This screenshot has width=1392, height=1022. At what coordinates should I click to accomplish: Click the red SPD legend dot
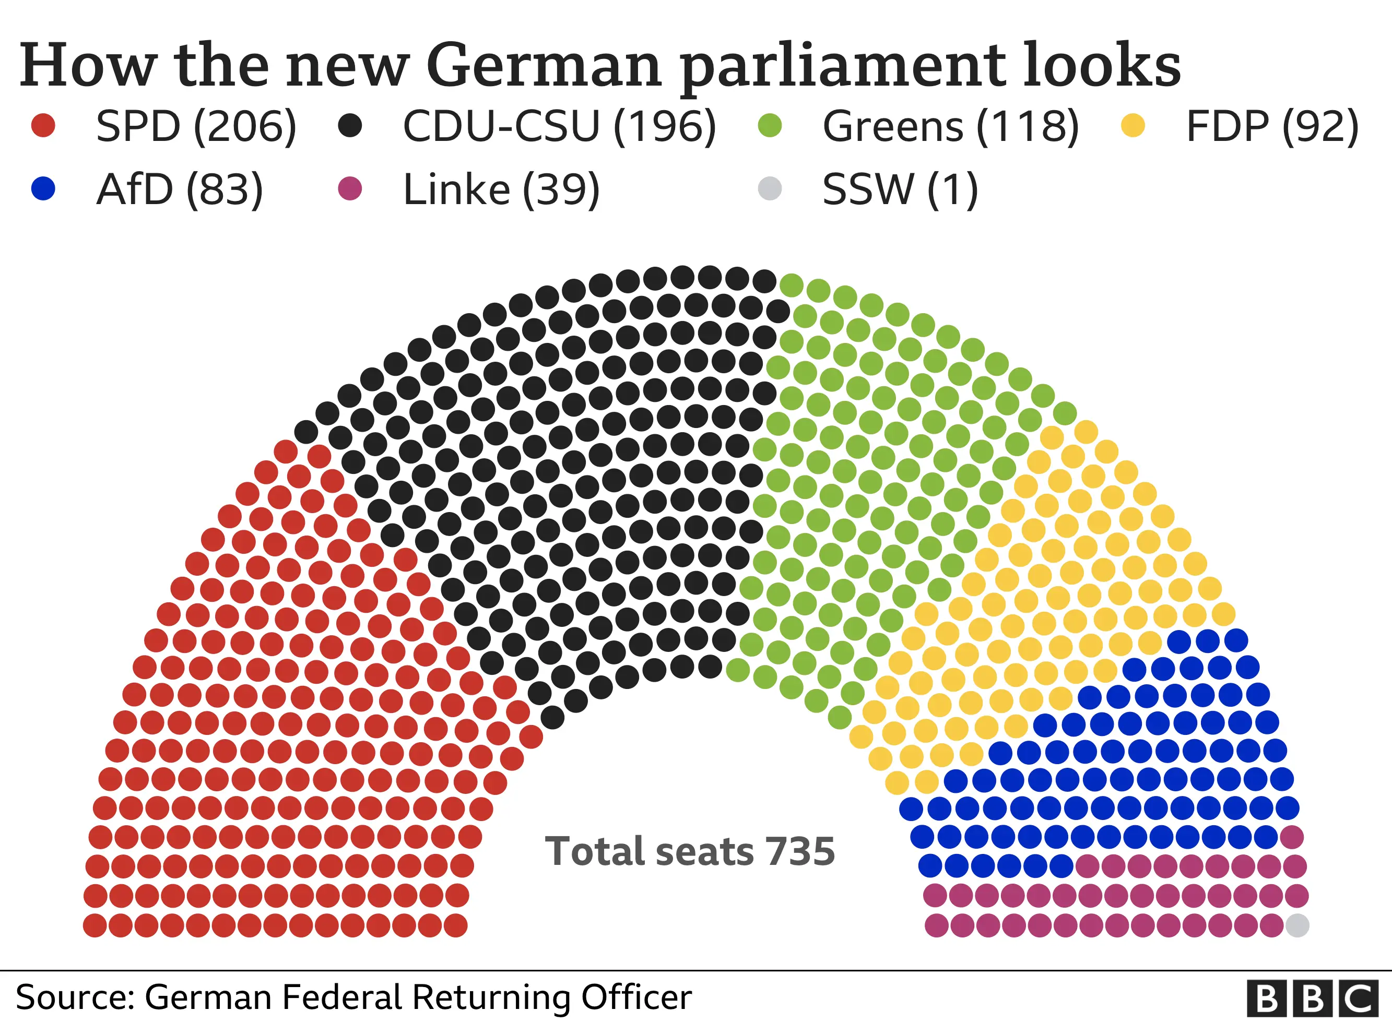coord(43,126)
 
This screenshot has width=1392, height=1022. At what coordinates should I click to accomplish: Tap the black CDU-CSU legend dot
coord(350,126)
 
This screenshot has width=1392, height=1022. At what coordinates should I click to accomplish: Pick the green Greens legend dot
coord(770,126)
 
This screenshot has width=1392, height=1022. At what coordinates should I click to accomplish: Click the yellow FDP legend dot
coord(1133,126)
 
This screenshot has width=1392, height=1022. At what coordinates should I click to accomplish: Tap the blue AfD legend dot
coord(43,188)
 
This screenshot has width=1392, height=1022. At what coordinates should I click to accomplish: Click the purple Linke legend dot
coord(350,188)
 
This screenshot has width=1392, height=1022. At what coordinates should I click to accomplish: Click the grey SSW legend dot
coord(770,188)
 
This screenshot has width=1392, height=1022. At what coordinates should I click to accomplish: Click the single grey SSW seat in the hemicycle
coord(1297,925)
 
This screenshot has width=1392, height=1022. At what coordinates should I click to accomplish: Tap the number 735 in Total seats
coord(800,851)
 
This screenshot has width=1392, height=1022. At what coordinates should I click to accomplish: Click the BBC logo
coord(1313,999)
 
